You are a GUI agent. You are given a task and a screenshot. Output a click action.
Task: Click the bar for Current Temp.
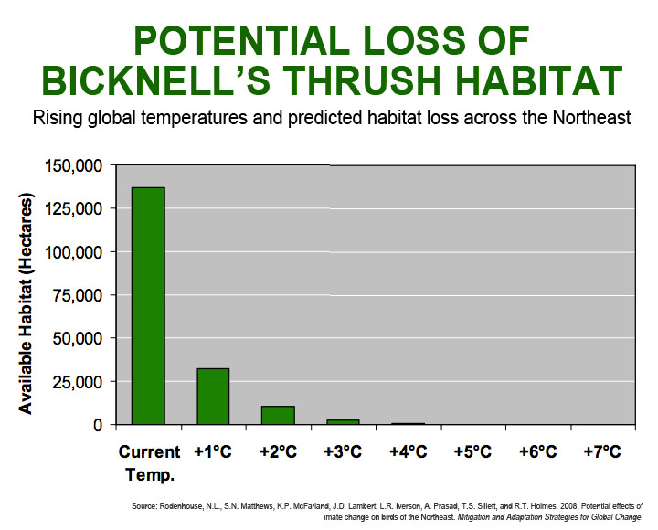click(148, 306)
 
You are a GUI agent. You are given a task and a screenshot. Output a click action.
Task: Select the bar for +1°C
click(213, 397)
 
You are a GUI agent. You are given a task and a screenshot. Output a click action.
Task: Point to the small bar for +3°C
click(343, 421)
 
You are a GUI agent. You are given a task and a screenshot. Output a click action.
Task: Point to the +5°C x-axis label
click(472, 451)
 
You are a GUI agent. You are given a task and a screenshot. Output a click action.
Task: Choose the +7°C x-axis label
click(602, 451)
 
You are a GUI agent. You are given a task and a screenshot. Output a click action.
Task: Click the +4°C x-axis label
click(408, 451)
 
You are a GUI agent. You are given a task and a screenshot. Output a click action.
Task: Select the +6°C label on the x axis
click(537, 451)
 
